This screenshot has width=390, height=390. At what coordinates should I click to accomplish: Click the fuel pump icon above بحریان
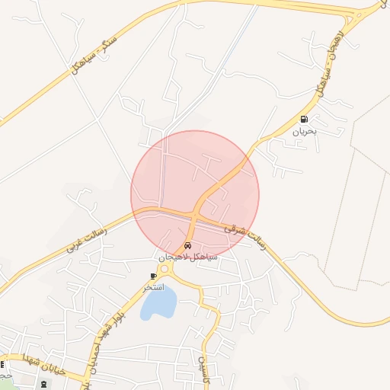[305, 119]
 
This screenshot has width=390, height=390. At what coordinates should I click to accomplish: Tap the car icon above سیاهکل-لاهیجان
[187, 246]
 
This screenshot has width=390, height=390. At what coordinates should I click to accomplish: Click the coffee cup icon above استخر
[154, 275]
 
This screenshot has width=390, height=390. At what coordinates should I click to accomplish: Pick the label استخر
[153, 286]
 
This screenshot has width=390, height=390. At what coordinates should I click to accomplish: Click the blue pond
[158, 305]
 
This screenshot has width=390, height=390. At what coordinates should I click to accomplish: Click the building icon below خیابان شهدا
[42, 383]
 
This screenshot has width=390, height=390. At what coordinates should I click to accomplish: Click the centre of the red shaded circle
[195, 195]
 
